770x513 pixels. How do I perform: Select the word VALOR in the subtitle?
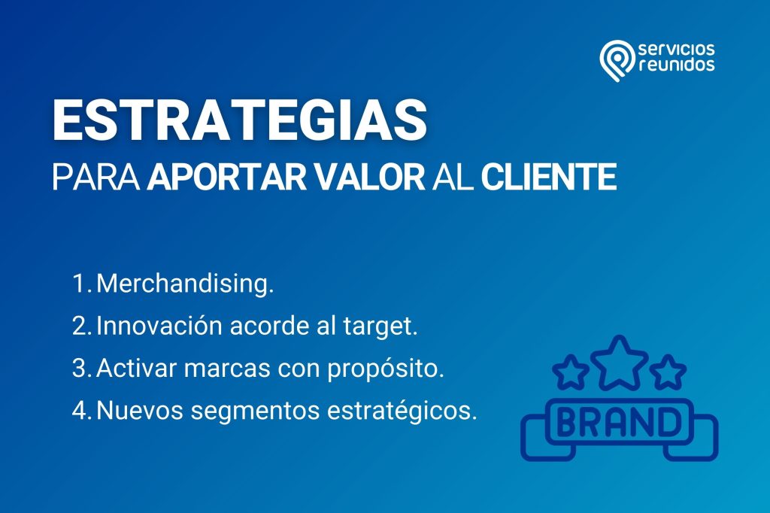[x=369, y=177]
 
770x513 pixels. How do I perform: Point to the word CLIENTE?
[x=548, y=177]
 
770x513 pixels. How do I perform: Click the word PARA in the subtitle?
[x=95, y=177]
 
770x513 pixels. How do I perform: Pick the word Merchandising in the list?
[x=185, y=284]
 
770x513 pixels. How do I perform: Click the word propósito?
[x=386, y=369]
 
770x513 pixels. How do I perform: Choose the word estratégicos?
[x=402, y=411]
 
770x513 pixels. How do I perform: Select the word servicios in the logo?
[x=677, y=49]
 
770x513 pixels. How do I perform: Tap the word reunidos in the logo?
[x=677, y=65]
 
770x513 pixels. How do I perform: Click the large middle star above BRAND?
[x=620, y=363]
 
